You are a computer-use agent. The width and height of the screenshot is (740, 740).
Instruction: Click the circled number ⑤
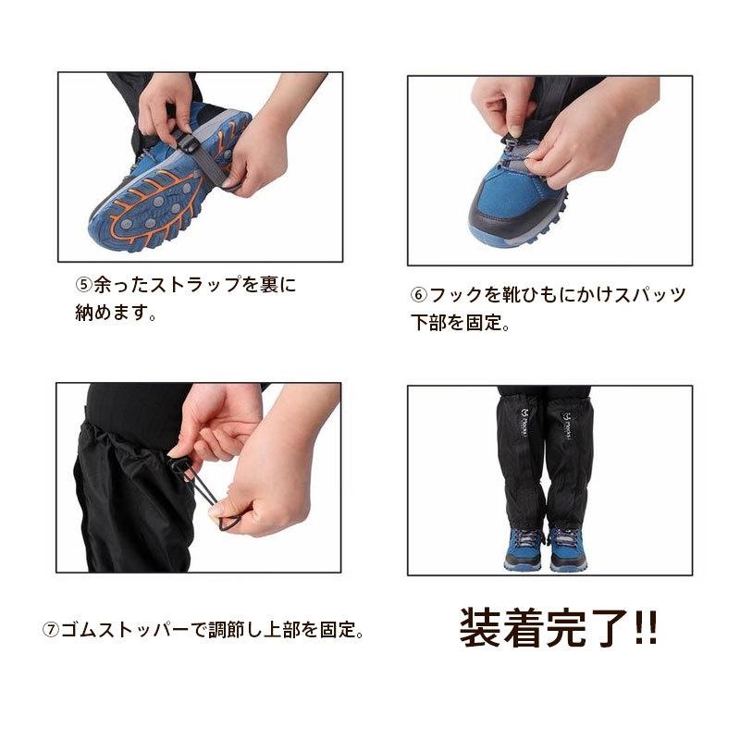coord(84,284)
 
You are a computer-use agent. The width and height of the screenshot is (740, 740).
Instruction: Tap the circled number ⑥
coord(419,295)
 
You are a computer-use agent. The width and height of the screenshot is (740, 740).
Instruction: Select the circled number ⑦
coord(51,630)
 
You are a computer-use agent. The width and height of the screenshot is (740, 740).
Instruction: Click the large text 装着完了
coord(544,627)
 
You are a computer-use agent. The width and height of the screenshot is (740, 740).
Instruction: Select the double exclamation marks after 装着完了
coord(645,627)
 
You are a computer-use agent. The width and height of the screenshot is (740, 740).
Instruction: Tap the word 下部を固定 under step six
coord(455,323)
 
